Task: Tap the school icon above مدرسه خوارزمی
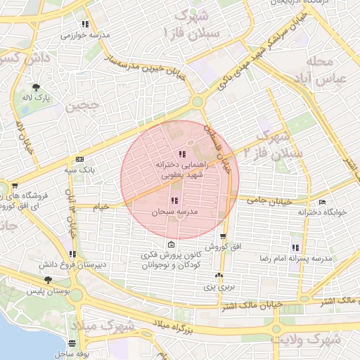86,24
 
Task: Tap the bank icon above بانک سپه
79,159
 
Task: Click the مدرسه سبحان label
173,212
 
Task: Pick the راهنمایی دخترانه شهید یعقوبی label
182,169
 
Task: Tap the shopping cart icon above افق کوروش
223,237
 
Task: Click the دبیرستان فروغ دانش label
72,265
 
